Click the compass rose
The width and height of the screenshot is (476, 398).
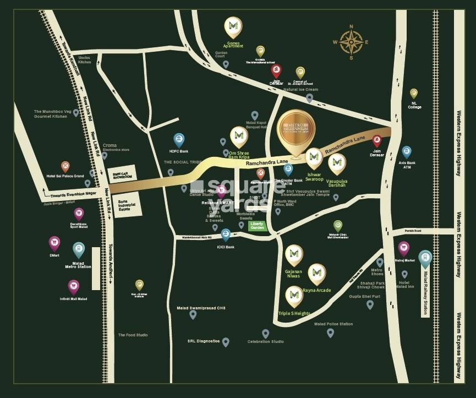[x=351, y=41]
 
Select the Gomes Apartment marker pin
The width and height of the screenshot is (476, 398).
[x=233, y=28]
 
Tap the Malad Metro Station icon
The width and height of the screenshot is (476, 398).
[x=79, y=250]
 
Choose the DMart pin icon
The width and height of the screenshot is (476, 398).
[x=54, y=243]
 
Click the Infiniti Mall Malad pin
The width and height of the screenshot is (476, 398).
[x=74, y=287]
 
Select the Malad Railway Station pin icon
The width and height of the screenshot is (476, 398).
[x=425, y=259]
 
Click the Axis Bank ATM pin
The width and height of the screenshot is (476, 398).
[x=407, y=152]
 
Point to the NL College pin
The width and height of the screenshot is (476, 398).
[x=414, y=94]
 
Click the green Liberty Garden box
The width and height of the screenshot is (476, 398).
[x=257, y=226]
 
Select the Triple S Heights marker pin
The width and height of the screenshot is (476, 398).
[x=294, y=297]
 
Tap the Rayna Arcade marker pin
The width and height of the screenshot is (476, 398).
[x=316, y=274]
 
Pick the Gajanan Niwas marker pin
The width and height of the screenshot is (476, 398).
[x=294, y=254]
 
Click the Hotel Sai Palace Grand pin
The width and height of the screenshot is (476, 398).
[x=65, y=166]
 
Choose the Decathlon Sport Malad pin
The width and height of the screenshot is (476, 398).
[x=79, y=214]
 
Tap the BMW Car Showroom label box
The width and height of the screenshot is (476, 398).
[x=121, y=173]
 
